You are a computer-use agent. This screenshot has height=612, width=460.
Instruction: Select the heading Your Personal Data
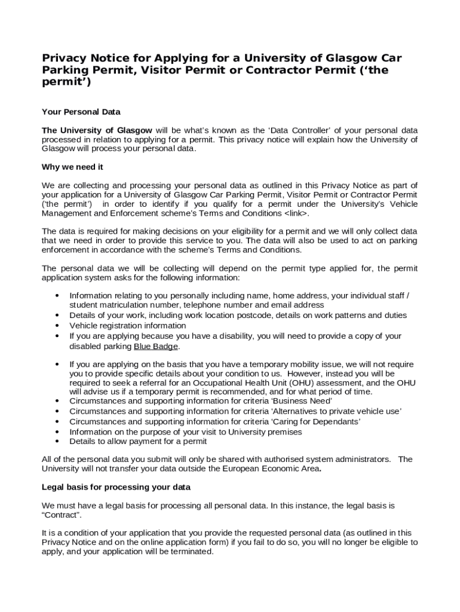tap(81, 112)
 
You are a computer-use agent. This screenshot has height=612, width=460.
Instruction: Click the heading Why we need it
tap(72, 167)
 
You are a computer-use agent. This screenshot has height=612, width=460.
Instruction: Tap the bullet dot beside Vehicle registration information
tap(57, 326)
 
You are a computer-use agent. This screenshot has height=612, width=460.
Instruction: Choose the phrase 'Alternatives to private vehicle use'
tap(337, 411)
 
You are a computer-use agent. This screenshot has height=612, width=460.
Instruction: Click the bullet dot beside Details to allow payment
tap(57, 442)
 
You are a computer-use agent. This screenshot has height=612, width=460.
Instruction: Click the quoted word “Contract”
tap(62, 515)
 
